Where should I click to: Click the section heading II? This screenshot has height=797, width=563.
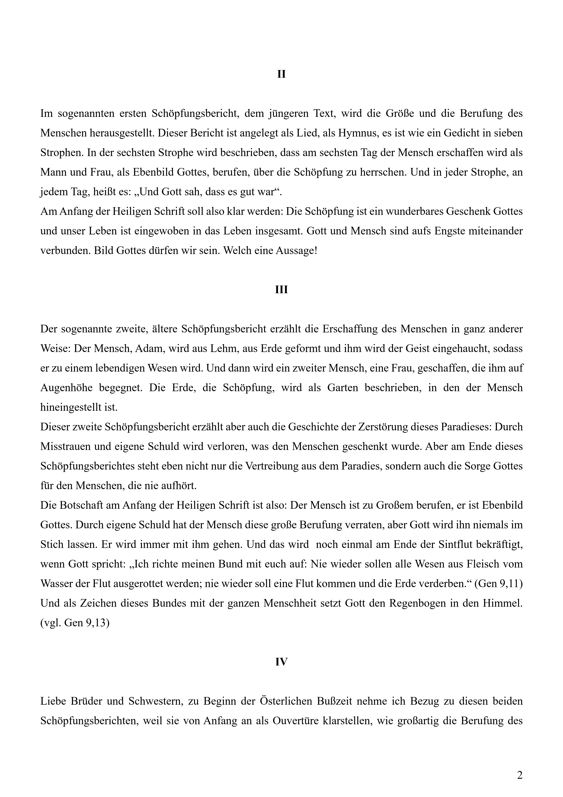point(281,74)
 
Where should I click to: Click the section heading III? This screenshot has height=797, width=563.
point(281,290)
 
